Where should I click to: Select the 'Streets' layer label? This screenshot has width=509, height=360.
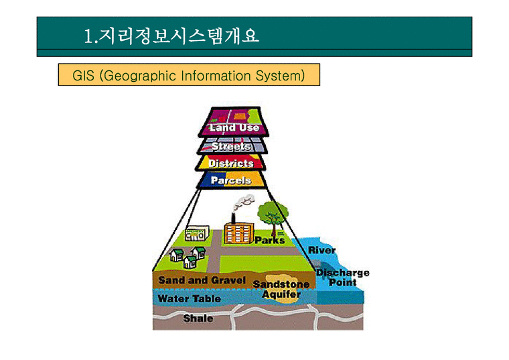(232, 146)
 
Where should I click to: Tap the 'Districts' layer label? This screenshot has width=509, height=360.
(231, 164)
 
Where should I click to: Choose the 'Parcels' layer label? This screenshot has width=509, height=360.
(231, 181)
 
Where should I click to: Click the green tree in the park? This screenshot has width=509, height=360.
(273, 215)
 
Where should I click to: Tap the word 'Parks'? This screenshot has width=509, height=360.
(270, 240)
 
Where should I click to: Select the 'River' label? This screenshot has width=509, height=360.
(321, 250)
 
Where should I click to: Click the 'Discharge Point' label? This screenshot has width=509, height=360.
(342, 278)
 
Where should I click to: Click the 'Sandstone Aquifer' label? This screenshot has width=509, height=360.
(281, 289)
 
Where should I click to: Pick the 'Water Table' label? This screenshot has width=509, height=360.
(189, 298)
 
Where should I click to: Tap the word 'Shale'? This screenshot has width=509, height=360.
(198, 318)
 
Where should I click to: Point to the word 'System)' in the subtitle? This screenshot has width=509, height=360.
(280, 76)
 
